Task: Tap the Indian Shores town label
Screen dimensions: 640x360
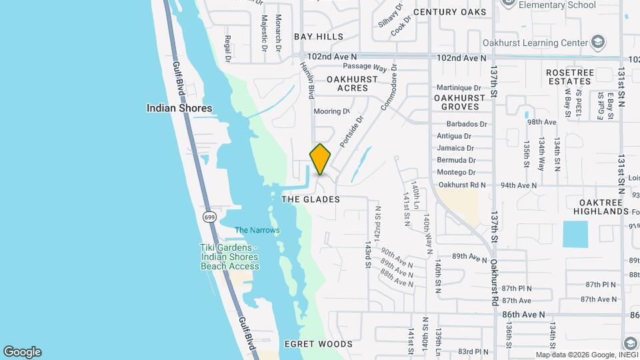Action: [x=179, y=108]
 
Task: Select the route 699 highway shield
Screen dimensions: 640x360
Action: [x=210, y=217]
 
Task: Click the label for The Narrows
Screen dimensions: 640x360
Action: [x=257, y=230]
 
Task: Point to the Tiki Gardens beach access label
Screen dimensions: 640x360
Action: [x=229, y=257]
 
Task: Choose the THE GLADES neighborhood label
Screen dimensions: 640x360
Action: [x=311, y=199]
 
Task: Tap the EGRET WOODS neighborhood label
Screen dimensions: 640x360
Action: [x=318, y=344]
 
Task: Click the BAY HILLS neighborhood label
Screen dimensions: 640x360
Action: [x=319, y=37]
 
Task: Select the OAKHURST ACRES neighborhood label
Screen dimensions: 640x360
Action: [x=353, y=83]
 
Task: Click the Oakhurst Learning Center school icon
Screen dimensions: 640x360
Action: [x=598, y=43]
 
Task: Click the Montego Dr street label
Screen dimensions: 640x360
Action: [x=456, y=172]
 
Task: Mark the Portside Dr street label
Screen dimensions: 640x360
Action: [x=351, y=131]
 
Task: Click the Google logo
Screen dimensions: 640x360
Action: [x=22, y=352]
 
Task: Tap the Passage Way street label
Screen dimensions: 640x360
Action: [x=365, y=67]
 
